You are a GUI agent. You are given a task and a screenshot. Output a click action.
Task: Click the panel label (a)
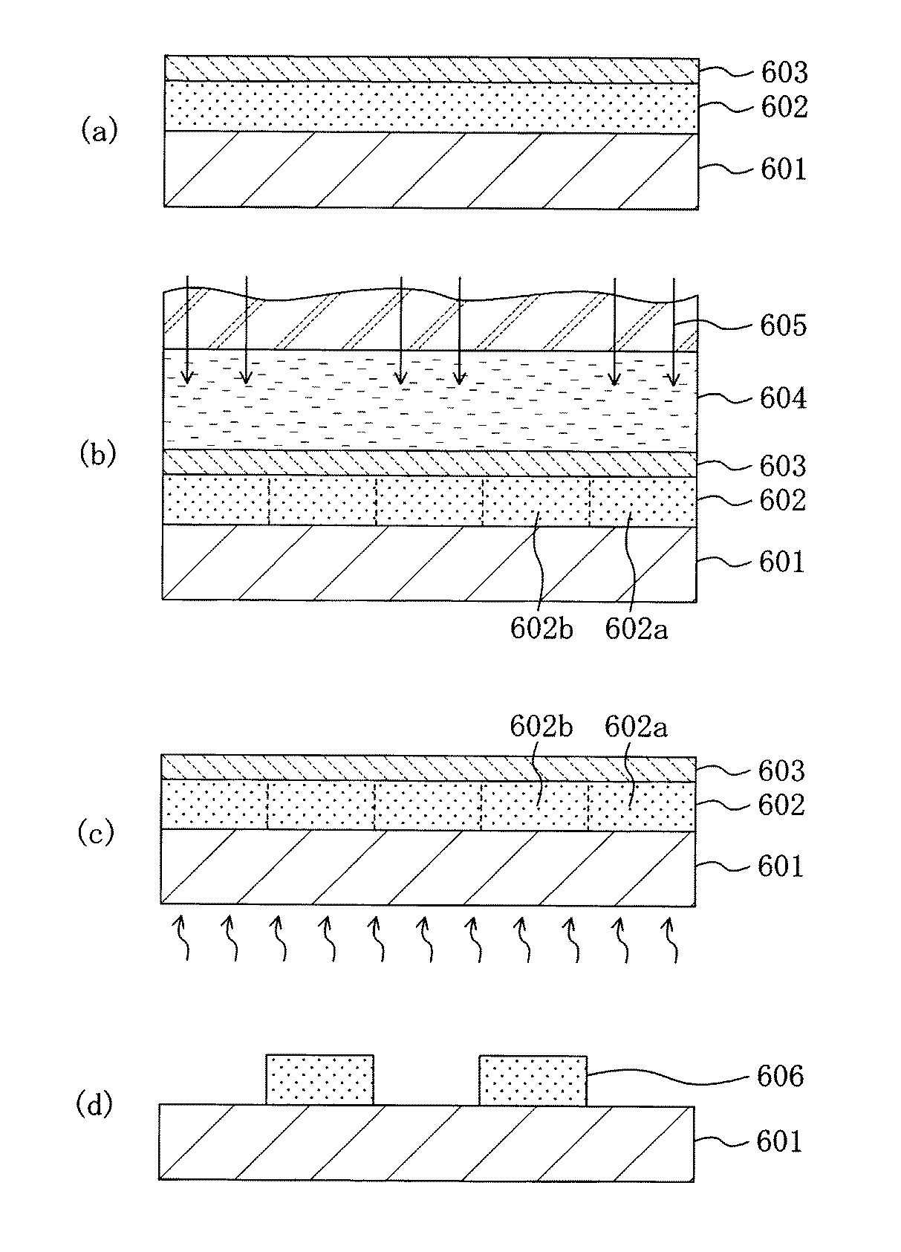pyautogui.click(x=99, y=132)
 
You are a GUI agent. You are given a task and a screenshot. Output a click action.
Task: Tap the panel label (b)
pyautogui.click(x=98, y=454)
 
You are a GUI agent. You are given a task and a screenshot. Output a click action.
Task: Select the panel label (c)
pyautogui.click(x=97, y=833)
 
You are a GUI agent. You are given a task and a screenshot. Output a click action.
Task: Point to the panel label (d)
pyautogui.click(x=95, y=1105)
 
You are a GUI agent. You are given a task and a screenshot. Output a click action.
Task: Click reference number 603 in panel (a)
pyautogui.click(x=784, y=73)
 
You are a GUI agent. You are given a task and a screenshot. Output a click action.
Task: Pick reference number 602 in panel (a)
pyautogui.click(x=784, y=108)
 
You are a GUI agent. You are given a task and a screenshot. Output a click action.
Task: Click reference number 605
pyautogui.click(x=783, y=326)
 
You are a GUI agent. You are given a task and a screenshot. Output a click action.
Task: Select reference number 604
pyautogui.click(x=783, y=399)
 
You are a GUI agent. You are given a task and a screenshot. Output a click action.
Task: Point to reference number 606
pyautogui.click(x=780, y=1076)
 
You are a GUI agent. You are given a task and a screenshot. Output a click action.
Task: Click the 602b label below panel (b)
pyautogui.click(x=541, y=629)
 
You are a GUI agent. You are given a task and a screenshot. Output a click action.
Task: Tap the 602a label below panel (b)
pyautogui.click(x=637, y=629)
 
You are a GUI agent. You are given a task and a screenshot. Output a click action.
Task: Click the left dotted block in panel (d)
pyautogui.click(x=319, y=1080)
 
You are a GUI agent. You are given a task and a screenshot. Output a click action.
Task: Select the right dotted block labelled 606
pyautogui.click(x=533, y=1080)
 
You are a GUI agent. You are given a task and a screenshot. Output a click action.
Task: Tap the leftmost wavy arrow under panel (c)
pyautogui.click(x=180, y=939)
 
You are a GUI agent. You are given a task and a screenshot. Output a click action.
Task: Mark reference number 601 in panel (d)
pyautogui.click(x=779, y=1141)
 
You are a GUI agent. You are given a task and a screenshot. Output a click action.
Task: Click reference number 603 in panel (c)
pyautogui.click(x=781, y=771)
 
